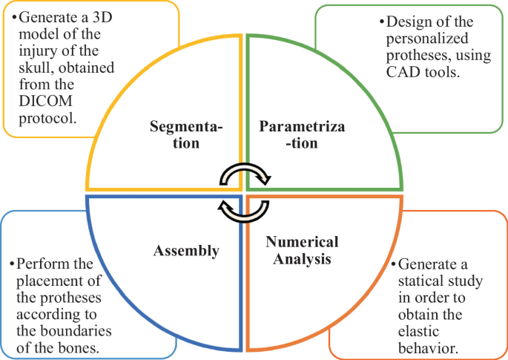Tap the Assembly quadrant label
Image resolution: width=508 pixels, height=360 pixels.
point(186,251)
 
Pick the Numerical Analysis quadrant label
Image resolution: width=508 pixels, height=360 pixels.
point(301,250)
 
